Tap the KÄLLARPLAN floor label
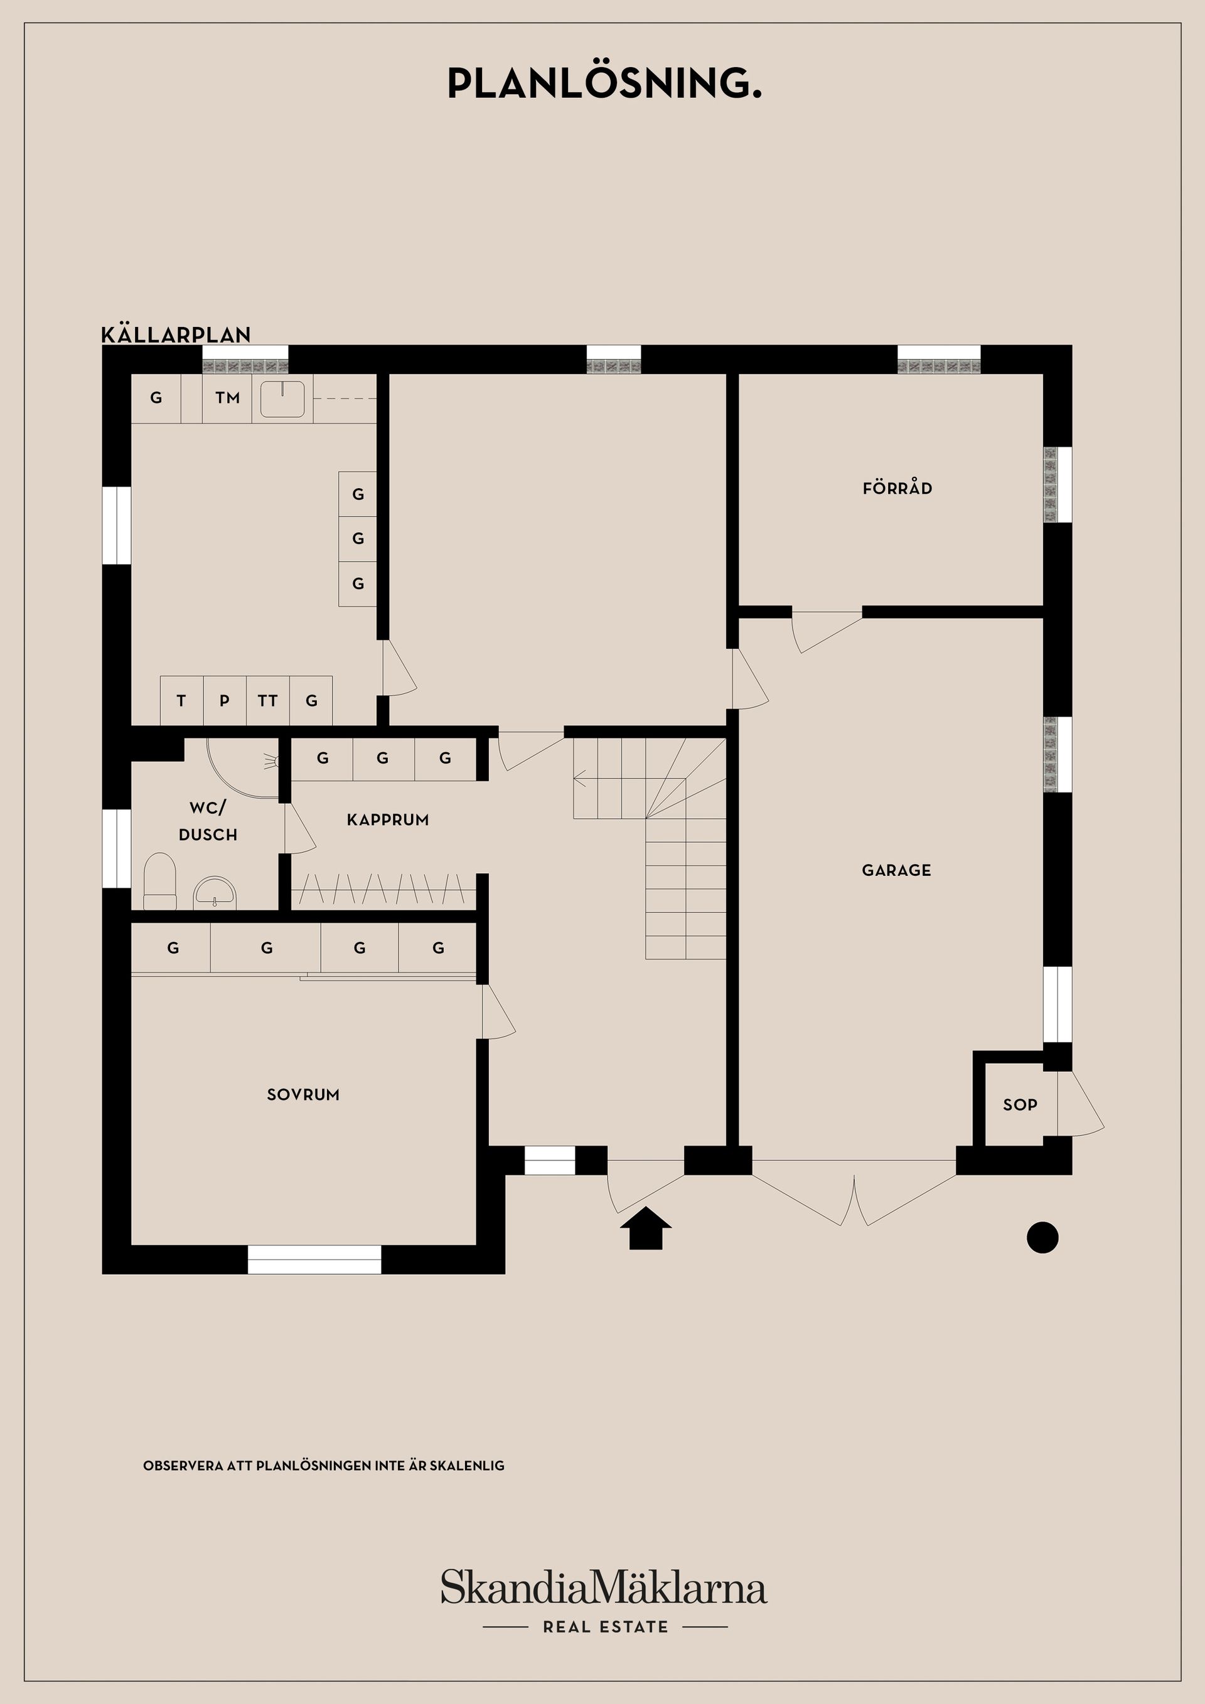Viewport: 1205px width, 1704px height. [x=176, y=335]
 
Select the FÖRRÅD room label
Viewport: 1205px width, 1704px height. [x=897, y=488]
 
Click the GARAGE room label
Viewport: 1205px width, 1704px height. [x=896, y=870]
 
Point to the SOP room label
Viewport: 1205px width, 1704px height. [x=1019, y=1104]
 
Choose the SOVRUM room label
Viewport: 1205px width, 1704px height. [x=303, y=1095]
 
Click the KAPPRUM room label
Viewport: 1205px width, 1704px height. [x=388, y=819]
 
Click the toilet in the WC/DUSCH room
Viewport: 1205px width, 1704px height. [x=159, y=881]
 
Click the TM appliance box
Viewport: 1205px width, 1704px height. [x=227, y=398]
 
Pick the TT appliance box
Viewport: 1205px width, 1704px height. [x=267, y=701]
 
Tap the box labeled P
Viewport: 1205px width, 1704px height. [x=224, y=701]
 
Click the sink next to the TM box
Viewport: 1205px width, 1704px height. [x=282, y=398]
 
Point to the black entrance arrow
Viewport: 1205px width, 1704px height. [x=645, y=1228]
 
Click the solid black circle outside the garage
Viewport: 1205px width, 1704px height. [x=1042, y=1237]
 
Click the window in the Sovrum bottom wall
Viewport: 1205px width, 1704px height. [x=314, y=1259]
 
